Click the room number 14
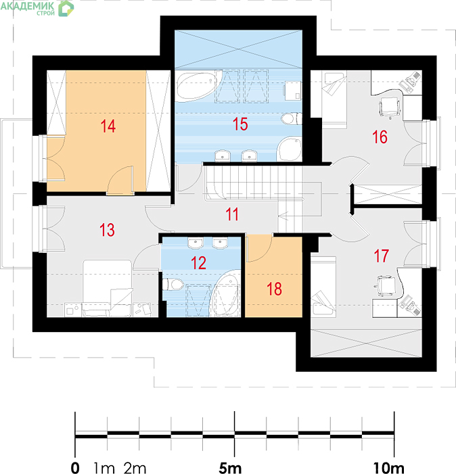pyautogui.click(x=108, y=126)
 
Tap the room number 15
pyautogui.click(x=240, y=124)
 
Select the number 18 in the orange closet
pyautogui.click(x=275, y=289)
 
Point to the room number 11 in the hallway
pyautogui.click(x=232, y=214)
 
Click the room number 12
pyautogui.click(x=199, y=263)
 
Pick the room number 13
pyautogui.click(x=108, y=230)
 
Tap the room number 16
pyautogui.click(x=380, y=137)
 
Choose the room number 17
pyautogui.click(x=382, y=256)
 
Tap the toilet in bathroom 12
pyautogui.click(x=173, y=285)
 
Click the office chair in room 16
pyautogui.click(x=390, y=107)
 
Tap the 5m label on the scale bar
pyautogui.click(x=230, y=468)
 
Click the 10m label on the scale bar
pyautogui.click(x=389, y=468)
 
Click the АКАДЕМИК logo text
pyautogui.click(x=28, y=5)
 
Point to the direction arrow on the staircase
pyautogui.click(x=283, y=216)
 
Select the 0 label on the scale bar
pyautogui.click(x=75, y=468)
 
